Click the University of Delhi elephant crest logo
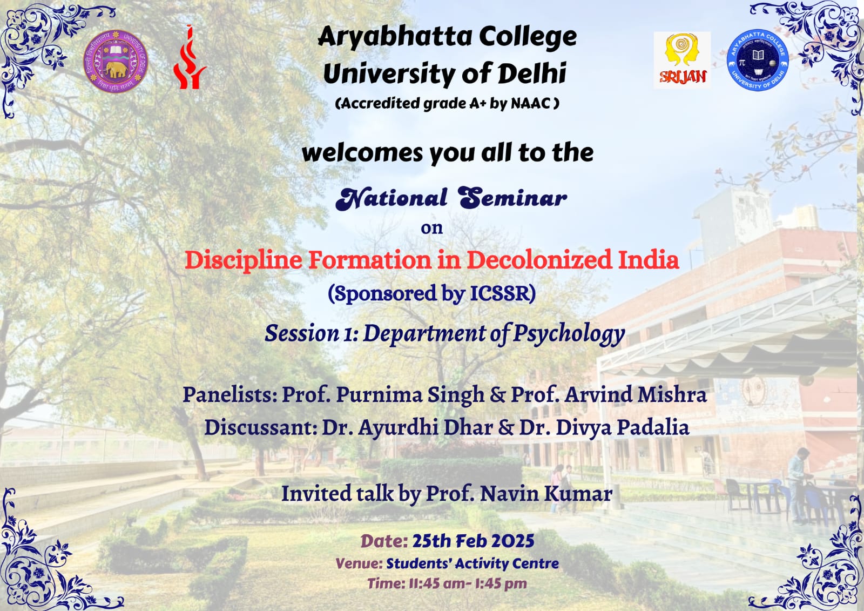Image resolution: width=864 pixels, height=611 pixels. (116, 62)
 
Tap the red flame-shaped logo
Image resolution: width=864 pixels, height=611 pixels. (189, 57)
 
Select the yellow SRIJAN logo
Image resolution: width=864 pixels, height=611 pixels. (682, 60)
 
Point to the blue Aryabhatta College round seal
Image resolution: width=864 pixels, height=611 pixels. (758, 60)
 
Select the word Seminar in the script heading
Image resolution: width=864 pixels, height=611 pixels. (512, 198)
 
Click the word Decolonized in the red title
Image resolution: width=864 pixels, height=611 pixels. (539, 259)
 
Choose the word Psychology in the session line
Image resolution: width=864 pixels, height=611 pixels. (569, 334)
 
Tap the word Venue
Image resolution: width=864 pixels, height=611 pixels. (359, 563)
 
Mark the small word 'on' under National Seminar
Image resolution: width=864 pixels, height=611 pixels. (431, 228)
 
